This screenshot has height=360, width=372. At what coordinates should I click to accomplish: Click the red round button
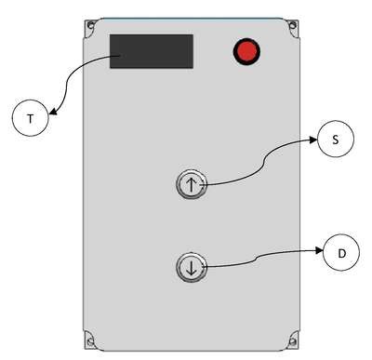coord(246,52)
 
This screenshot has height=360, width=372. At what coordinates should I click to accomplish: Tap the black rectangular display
coord(152,51)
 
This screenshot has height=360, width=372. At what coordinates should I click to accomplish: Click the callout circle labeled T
coord(31,118)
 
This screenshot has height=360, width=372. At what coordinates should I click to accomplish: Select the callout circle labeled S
coord(336,139)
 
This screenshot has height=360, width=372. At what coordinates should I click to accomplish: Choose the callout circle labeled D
coord(341,252)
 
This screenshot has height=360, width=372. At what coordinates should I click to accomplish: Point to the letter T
coord(30,118)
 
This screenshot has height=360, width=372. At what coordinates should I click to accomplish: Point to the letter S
coord(336,140)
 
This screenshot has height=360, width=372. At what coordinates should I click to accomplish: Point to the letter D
coord(341,254)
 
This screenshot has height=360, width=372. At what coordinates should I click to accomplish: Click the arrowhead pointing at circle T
coord(53,112)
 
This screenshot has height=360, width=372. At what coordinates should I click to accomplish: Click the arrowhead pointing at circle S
coord(312,140)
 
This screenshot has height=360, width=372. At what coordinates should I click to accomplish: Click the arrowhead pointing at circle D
coord(319,250)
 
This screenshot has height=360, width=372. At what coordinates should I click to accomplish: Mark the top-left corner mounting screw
coord(90,25)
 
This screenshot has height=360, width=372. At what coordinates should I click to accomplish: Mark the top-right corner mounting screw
coord(292,25)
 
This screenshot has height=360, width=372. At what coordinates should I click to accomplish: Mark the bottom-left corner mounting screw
coord(90,342)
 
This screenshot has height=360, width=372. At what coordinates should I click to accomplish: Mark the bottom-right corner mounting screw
coord(292,342)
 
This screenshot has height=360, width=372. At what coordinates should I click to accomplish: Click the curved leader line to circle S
coord(264,162)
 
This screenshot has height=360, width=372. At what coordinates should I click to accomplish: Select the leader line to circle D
coord(255,259)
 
